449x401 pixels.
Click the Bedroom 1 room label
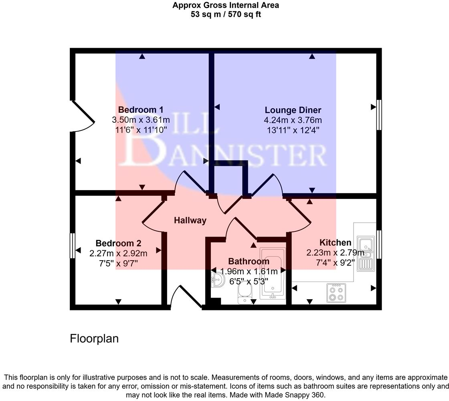pyautogui.click(x=140, y=109)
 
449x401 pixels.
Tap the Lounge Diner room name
pyautogui.click(x=293, y=110)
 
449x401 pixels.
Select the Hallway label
pyautogui.click(x=190, y=220)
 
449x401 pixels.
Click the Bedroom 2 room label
pyautogui.click(x=118, y=243)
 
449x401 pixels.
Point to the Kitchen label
pyautogui.click(x=335, y=242)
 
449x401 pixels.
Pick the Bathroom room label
pyautogui.click(x=249, y=261)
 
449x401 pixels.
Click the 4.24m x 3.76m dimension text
pyautogui.click(x=293, y=120)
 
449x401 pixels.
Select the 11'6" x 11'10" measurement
pyautogui.click(x=140, y=130)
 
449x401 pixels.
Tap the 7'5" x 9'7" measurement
pyautogui.click(x=118, y=263)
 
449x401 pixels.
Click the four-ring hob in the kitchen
pyautogui.click(x=336, y=292)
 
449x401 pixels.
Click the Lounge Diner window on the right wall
pyautogui.click(x=379, y=115)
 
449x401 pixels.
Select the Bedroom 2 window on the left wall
pyautogui.click(x=73, y=246)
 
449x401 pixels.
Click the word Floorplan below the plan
pyautogui.click(x=94, y=338)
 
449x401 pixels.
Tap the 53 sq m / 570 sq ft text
pyautogui.click(x=226, y=15)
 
